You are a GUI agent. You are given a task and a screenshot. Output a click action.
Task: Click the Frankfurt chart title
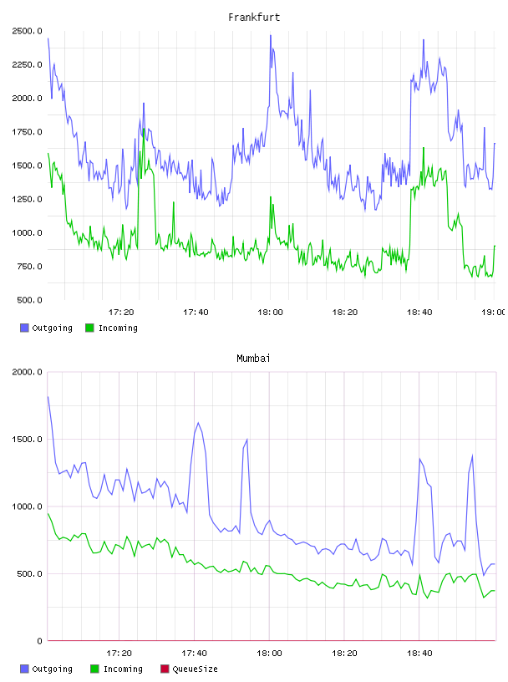pos(254,18)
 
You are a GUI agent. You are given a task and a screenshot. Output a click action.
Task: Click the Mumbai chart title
pos(253,359)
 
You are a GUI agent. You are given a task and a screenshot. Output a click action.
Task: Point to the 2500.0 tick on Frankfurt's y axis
pos(27,31)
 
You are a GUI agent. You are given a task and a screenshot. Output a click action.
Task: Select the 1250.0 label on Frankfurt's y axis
pos(27,199)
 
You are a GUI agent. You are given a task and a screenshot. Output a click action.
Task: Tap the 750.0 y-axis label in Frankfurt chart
pos(29,266)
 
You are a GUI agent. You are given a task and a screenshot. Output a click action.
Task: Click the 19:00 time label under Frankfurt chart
pos(494,313)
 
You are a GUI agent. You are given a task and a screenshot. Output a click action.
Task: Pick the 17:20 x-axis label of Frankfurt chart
pos(121,313)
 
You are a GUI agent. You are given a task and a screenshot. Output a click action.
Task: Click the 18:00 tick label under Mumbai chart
pos(269,654)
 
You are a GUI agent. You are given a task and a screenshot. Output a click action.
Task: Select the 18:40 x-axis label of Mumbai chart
pos(419,654)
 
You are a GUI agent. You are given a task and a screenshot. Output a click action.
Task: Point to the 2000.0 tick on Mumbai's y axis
pos(27,372)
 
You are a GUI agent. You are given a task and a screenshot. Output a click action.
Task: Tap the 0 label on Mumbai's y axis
pos(39,641)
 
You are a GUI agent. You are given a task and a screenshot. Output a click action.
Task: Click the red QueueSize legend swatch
pos(165,669)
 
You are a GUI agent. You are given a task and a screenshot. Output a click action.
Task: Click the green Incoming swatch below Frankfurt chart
pos(89,328)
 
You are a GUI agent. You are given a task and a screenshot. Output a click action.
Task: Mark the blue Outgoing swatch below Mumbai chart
pos(24,669)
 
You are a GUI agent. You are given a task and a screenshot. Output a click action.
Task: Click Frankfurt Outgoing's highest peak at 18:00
pos(271,36)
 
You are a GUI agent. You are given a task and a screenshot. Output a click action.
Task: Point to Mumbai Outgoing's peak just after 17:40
pos(198,422)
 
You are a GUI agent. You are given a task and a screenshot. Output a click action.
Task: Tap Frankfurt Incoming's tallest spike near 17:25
pos(144,129)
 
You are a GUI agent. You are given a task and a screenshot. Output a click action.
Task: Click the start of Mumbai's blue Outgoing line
pos(48,397)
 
